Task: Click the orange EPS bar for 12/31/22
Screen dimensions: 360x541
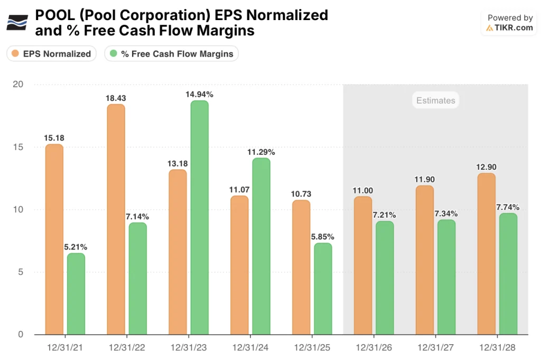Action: coord(116,219)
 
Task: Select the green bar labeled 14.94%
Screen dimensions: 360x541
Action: coord(199,217)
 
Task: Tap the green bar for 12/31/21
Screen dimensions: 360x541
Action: coord(76,293)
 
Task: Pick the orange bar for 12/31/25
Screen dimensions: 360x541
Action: coord(301,267)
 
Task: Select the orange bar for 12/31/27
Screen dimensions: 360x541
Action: coord(424,260)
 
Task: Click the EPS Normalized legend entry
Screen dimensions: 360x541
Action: coord(51,54)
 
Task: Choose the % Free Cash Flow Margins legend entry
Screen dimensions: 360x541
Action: coord(171,54)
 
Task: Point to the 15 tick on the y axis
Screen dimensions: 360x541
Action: coord(19,147)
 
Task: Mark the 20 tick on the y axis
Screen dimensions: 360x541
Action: coord(19,85)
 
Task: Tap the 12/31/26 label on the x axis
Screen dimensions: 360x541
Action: coord(374,348)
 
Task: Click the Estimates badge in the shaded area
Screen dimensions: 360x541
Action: coord(435,100)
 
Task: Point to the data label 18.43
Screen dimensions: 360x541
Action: coord(116,98)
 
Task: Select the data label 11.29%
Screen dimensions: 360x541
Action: coord(261,152)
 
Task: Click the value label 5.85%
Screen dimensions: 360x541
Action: coord(322,237)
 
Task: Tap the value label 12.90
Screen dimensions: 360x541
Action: coord(486,167)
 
